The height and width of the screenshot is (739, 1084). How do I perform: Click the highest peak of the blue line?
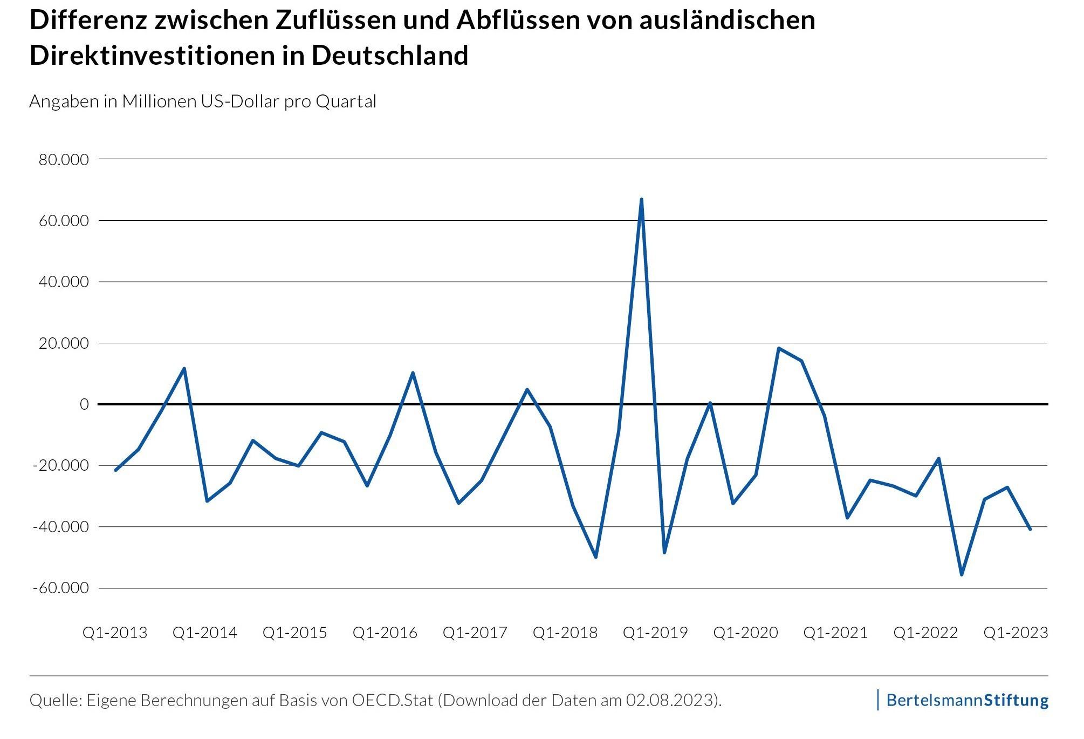click(x=641, y=200)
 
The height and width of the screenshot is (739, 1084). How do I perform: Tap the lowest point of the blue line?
click(x=962, y=574)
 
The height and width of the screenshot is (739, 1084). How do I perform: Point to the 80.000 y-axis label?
click(x=64, y=160)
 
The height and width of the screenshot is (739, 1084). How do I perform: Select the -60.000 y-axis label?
click(x=60, y=588)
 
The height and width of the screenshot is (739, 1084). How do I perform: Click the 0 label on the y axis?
click(x=84, y=404)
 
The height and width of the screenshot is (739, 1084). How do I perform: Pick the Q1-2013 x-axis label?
click(x=115, y=633)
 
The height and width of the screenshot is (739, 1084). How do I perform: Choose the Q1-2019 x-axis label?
click(x=655, y=633)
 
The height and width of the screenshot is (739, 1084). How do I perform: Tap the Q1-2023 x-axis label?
click(x=1016, y=633)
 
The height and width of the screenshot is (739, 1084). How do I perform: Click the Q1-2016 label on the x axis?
click(x=385, y=633)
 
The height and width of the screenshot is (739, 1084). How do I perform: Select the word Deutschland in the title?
click(x=390, y=56)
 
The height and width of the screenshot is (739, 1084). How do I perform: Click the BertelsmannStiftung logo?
click(x=967, y=701)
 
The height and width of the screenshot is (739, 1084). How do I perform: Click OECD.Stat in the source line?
click(x=393, y=701)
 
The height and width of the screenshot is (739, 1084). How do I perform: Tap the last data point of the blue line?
click(x=1030, y=529)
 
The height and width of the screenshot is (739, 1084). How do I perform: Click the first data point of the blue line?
click(x=115, y=470)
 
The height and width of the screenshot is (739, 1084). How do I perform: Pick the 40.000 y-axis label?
click(x=64, y=282)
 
